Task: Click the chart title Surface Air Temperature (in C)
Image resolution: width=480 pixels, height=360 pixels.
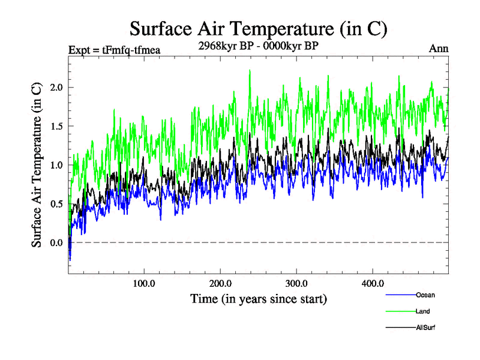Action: coord(258,29)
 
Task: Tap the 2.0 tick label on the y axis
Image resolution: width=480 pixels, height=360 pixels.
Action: coord(56,88)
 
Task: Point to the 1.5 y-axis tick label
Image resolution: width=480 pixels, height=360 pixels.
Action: coord(56,127)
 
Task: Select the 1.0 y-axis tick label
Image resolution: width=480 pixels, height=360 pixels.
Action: coord(56,165)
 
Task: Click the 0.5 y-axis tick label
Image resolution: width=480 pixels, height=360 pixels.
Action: coord(56,204)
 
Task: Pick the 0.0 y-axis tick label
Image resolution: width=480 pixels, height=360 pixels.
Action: coord(56,242)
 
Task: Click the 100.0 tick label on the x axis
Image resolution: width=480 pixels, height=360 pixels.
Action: coord(144,283)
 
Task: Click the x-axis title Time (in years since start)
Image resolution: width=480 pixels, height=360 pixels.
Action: coord(259,298)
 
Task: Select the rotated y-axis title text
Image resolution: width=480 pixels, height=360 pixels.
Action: coord(37,165)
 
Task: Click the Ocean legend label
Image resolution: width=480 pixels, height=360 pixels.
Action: coord(425,295)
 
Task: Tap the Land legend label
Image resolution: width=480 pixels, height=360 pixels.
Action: coord(422,311)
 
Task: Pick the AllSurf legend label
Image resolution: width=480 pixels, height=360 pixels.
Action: coord(425,328)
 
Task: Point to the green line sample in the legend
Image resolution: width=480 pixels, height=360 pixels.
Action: coord(400,311)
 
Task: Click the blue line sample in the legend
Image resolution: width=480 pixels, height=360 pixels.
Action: coord(400,295)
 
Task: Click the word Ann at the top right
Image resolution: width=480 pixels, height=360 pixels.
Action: coord(439,49)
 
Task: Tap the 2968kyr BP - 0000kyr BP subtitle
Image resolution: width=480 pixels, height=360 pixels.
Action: coord(258,44)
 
